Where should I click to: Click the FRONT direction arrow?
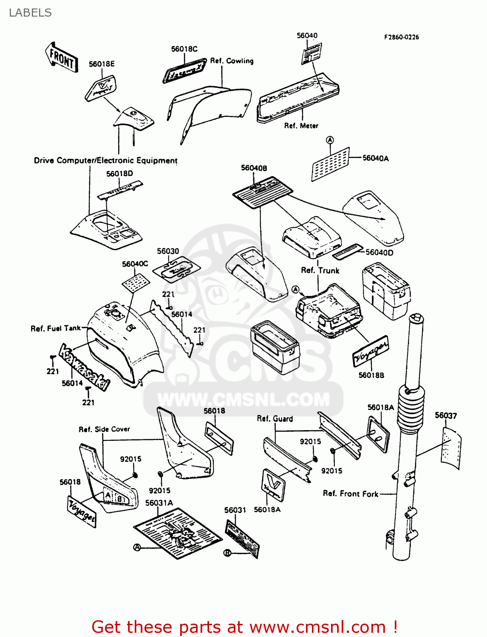click(62, 57)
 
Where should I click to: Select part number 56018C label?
click(184, 49)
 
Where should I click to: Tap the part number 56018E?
click(102, 64)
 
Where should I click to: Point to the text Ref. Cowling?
click(232, 61)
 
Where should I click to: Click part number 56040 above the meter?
click(307, 36)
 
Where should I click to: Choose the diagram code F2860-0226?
click(401, 37)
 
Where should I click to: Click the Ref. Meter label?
click(301, 126)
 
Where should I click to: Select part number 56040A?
click(375, 158)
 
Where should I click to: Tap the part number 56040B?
click(254, 168)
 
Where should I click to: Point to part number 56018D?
click(119, 174)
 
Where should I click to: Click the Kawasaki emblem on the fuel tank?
click(84, 368)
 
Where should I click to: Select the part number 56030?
click(168, 251)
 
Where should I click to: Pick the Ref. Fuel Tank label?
click(56, 328)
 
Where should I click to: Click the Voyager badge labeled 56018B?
click(371, 351)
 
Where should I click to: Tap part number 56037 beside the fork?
click(445, 415)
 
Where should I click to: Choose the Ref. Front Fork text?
click(350, 493)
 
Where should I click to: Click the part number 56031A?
click(159, 503)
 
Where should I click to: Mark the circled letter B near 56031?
click(227, 553)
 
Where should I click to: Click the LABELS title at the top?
click(30, 13)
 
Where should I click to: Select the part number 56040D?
click(379, 253)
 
